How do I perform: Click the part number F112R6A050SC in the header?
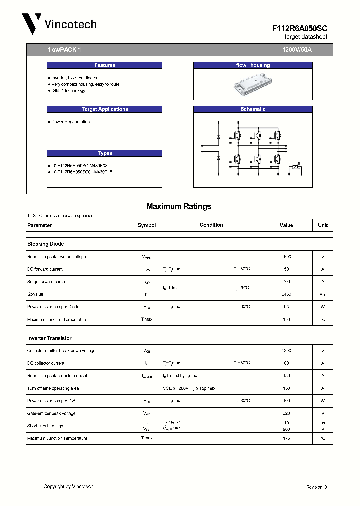pos(300,29)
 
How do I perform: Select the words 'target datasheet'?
pos(306,37)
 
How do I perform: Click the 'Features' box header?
pos(104,65)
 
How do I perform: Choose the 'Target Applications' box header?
pos(104,109)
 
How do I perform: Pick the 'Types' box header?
pos(104,153)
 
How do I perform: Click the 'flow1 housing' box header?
pos(253,65)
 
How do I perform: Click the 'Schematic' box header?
pos(253,109)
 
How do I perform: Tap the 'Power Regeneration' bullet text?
pos(70,122)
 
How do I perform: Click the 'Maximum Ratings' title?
pos(179,206)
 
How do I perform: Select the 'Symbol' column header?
pos(147,225)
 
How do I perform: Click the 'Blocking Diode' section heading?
pos(45,244)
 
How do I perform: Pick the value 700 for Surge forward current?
pos(286,282)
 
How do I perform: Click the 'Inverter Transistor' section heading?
pos(49,338)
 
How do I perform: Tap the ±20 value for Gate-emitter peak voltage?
pos(286,413)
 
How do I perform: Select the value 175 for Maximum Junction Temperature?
pos(286,438)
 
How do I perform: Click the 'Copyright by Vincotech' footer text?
pos(68,486)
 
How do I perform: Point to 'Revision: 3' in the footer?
pos(316,487)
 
